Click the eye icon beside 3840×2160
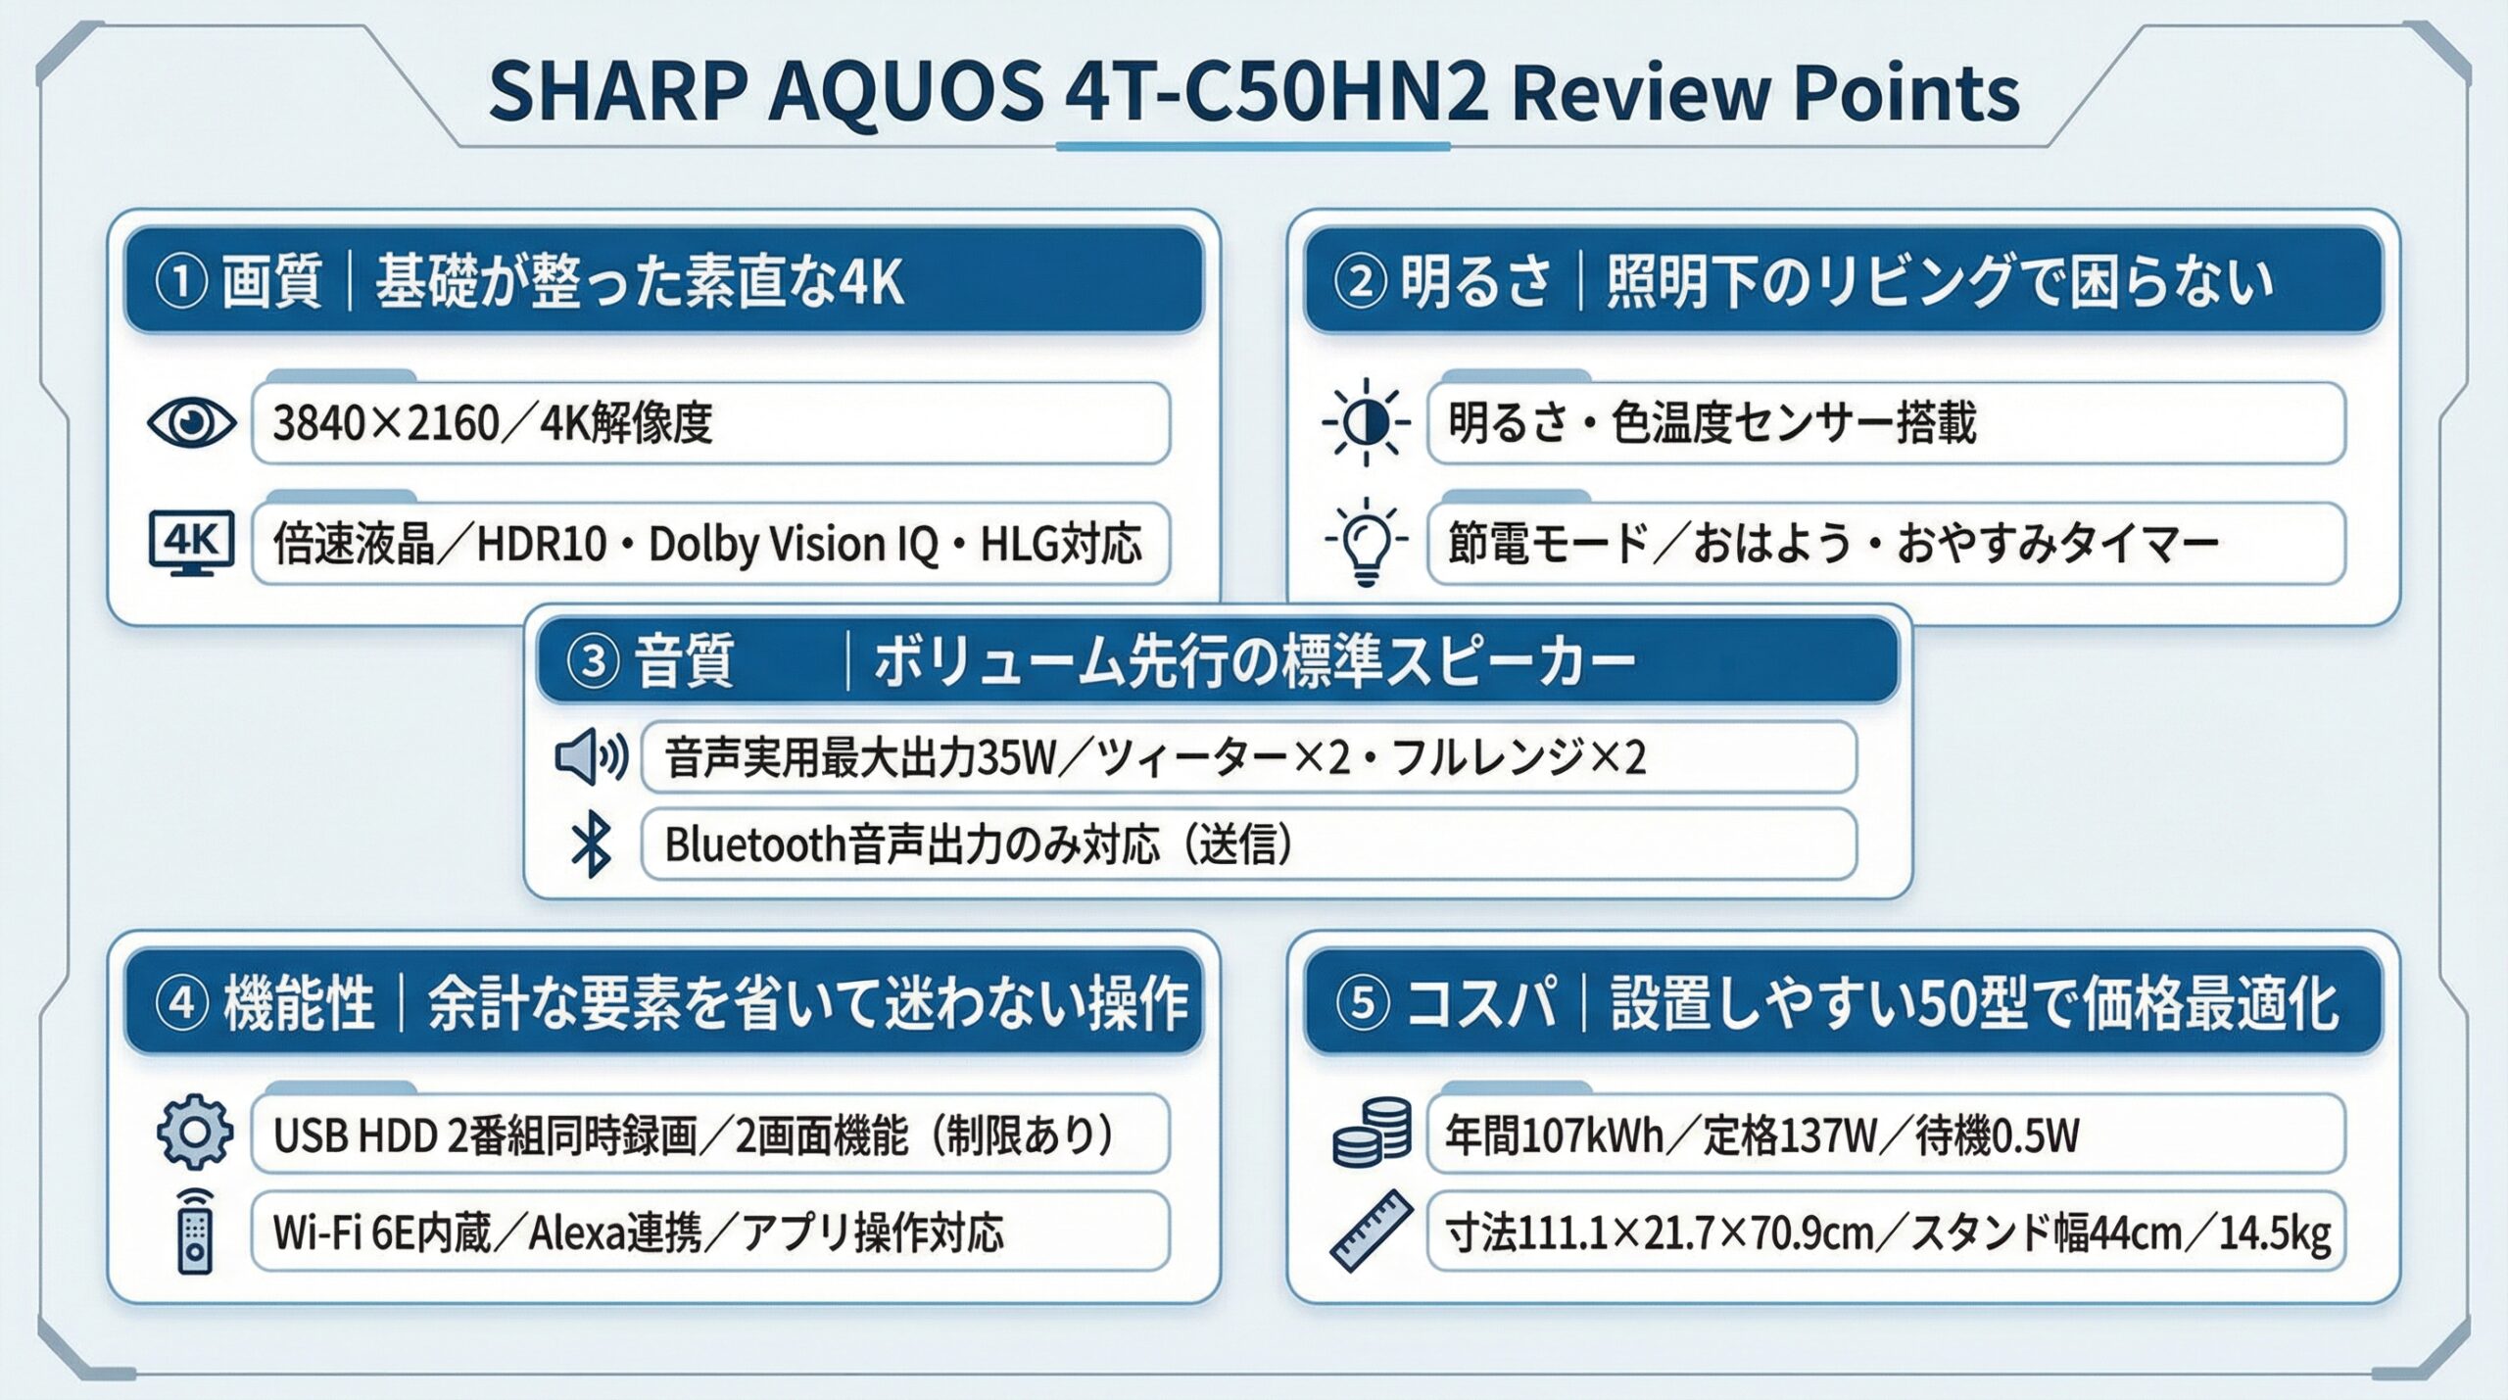click(x=191, y=423)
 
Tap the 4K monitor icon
click(x=191, y=543)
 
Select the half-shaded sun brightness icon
click(x=1366, y=422)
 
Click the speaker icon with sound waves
click(x=591, y=756)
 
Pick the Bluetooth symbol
click(x=591, y=845)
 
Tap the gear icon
click(x=195, y=1133)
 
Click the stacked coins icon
click(x=1372, y=1132)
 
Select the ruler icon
click(x=1372, y=1231)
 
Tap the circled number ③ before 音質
click(x=594, y=661)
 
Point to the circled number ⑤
click(x=1363, y=1003)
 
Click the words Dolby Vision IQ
click(x=794, y=545)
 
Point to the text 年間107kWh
click(x=1555, y=1135)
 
